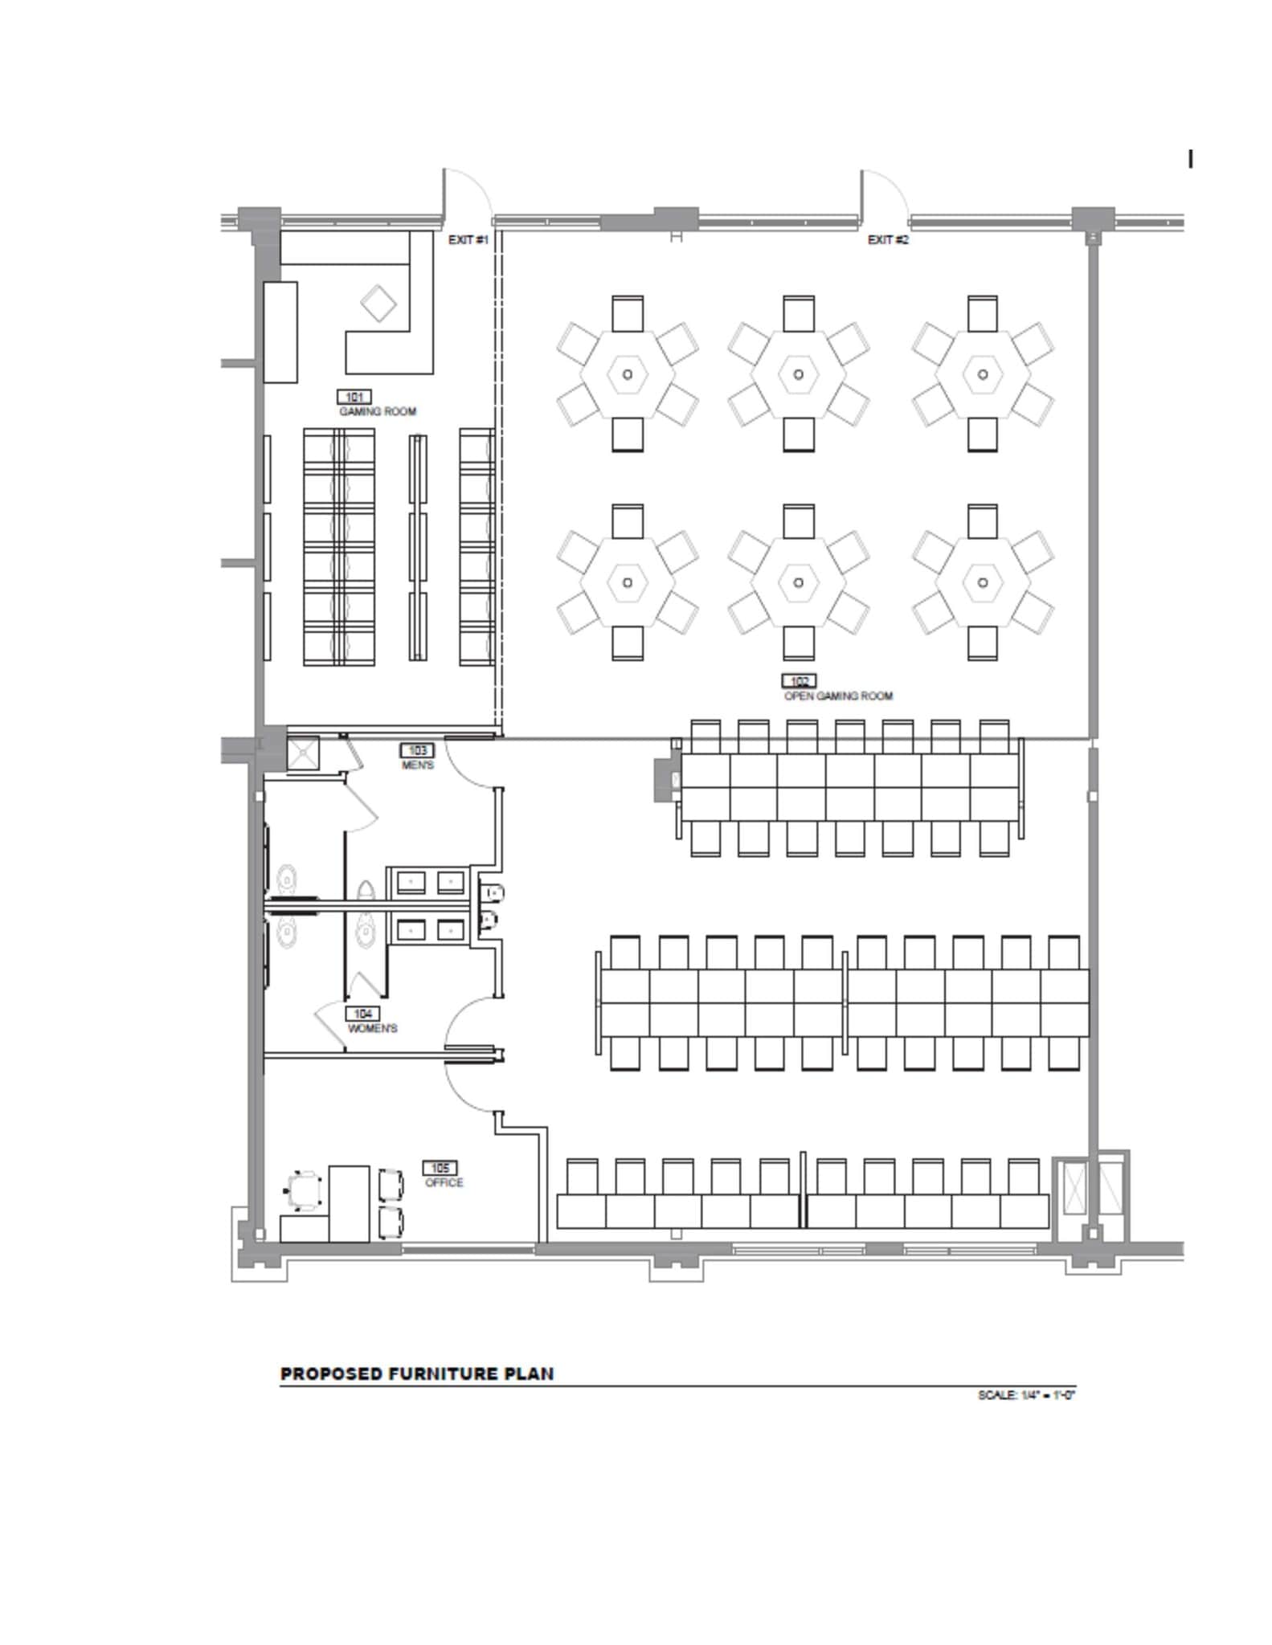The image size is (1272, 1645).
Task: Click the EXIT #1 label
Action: (468, 240)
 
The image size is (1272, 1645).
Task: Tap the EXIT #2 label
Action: (888, 240)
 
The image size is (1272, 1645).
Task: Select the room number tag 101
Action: (354, 397)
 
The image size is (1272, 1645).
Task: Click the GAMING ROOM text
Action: (378, 412)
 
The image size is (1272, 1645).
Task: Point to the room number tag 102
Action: (799, 681)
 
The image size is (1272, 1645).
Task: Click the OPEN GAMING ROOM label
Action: (838, 696)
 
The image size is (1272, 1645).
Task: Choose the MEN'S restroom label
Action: (418, 765)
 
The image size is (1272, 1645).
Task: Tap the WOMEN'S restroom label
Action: (372, 1029)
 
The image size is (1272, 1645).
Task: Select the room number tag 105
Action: (440, 1168)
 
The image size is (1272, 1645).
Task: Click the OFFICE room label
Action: (444, 1183)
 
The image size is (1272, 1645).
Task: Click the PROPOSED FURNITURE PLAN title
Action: (417, 1374)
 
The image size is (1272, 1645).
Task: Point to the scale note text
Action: (1026, 1395)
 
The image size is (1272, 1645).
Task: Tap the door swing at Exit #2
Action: (885, 193)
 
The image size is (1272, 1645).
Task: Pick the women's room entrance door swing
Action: (470, 1024)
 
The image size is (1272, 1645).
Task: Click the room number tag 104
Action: (362, 1014)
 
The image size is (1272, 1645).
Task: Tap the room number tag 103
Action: (417, 751)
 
